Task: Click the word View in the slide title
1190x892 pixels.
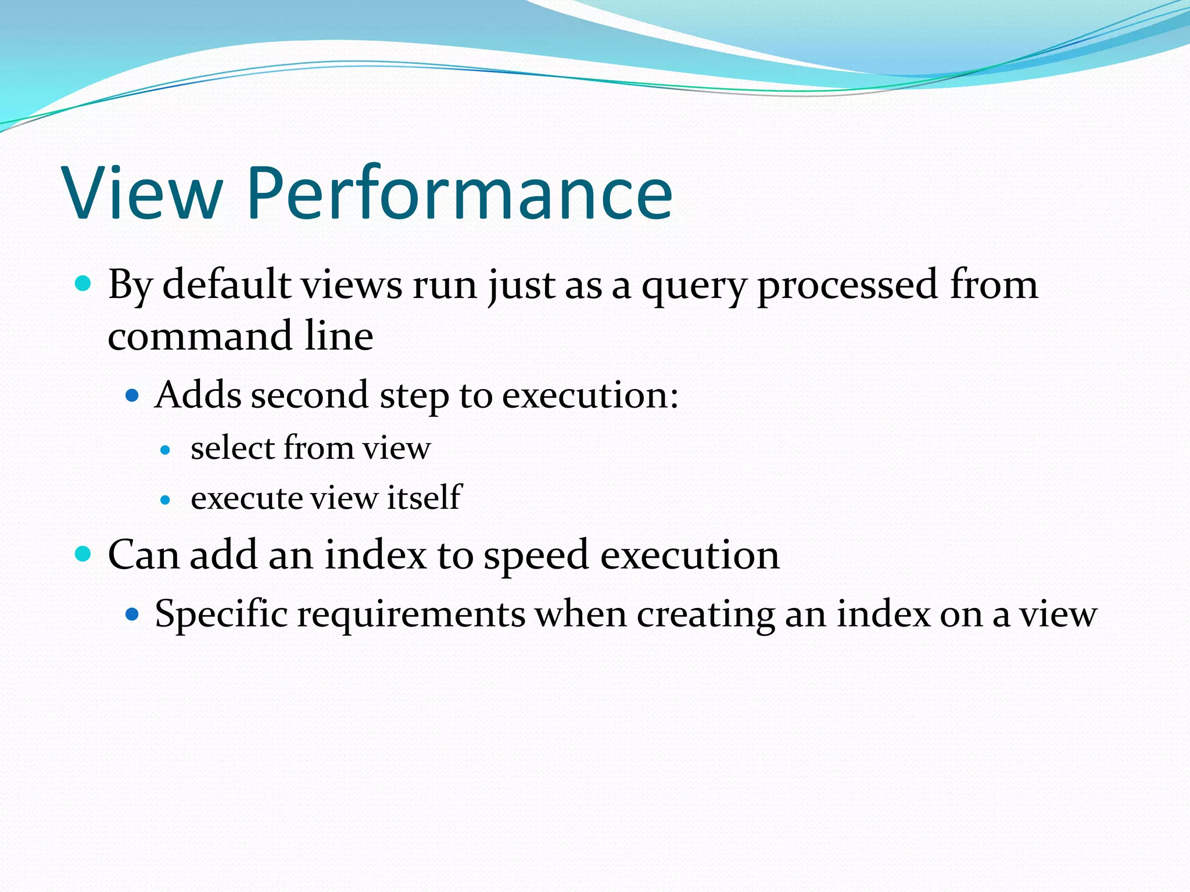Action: point(142,193)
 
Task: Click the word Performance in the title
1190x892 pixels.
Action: point(459,193)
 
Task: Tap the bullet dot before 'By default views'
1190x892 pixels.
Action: point(84,284)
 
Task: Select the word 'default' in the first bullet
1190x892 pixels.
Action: point(227,285)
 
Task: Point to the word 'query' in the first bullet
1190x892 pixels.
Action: point(693,287)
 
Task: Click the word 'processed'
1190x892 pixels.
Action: point(848,286)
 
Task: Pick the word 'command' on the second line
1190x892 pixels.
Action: point(200,336)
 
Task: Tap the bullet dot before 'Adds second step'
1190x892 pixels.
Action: point(132,396)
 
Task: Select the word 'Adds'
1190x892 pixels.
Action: point(198,395)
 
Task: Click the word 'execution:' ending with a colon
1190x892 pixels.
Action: point(590,396)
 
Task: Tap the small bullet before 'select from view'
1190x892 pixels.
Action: point(166,450)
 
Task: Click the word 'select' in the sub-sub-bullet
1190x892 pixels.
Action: point(232,448)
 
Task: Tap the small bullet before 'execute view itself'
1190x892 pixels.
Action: point(166,500)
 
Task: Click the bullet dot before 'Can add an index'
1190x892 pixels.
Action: point(84,554)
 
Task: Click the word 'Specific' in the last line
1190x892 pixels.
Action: point(221,614)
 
